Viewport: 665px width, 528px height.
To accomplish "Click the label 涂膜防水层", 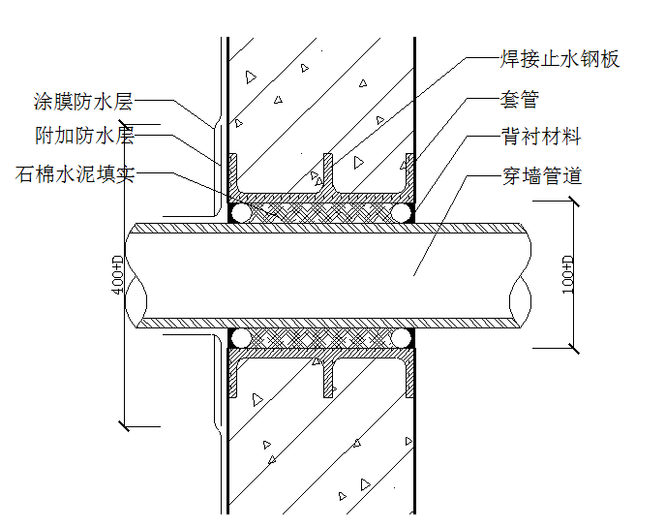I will click(x=82, y=101).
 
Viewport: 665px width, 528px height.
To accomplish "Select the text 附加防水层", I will click(x=82, y=137).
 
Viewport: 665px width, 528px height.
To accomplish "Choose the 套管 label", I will click(x=520, y=99).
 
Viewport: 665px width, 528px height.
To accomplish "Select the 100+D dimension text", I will click(x=568, y=275).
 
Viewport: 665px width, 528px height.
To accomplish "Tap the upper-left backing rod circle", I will click(x=241, y=212).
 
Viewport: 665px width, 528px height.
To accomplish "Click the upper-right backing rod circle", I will click(x=402, y=212).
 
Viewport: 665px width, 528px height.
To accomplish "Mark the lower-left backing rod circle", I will click(x=241, y=338).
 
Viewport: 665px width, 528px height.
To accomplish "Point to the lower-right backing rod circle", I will click(x=402, y=338).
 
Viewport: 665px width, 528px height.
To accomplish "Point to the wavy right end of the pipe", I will click(x=526, y=275).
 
